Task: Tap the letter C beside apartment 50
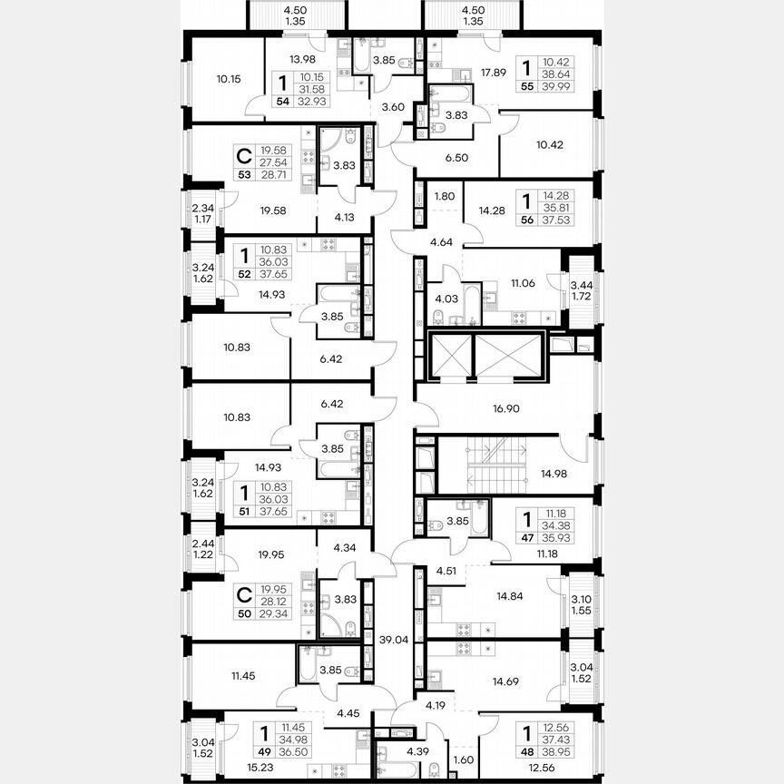242,595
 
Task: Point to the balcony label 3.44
579,284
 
